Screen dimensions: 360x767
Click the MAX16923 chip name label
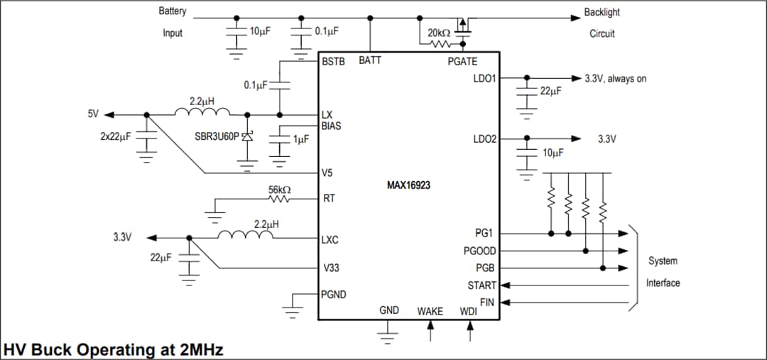[408, 185]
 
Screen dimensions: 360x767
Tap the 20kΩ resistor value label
[437, 33]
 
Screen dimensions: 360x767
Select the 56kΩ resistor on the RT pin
[279, 200]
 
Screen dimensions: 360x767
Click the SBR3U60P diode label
[217, 136]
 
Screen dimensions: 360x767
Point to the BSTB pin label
[333, 62]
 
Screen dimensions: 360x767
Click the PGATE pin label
[462, 62]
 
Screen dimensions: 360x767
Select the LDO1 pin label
[484, 78]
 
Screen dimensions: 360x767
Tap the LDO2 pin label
[484, 139]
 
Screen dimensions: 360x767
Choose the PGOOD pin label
[480, 251]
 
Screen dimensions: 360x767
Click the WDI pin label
[469, 311]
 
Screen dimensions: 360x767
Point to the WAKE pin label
[430, 311]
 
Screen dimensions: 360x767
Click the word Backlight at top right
[602, 12]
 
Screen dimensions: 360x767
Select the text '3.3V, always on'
[615, 79]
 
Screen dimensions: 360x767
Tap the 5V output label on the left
[93, 114]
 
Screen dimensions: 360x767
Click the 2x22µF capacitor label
[116, 136]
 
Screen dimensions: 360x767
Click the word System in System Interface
[662, 261]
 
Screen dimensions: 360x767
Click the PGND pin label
[334, 294]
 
